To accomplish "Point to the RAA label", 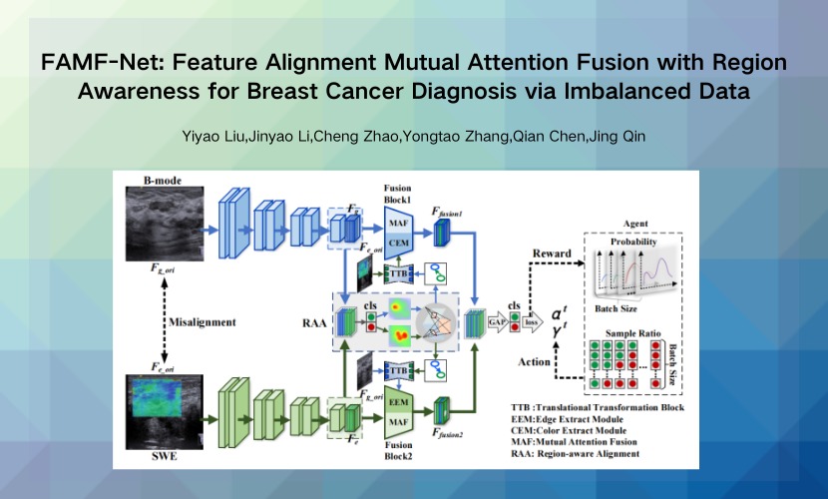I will [x=313, y=322].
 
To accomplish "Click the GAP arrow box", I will [x=495, y=322].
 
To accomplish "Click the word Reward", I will [x=545, y=254].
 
